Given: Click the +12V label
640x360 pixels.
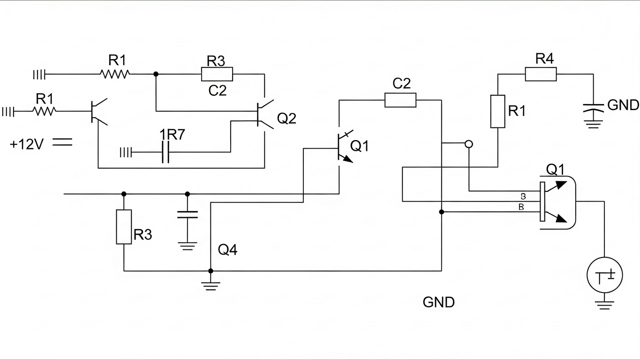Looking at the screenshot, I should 26,144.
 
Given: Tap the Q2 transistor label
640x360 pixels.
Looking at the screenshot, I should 286,119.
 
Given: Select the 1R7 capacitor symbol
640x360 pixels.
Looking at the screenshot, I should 165,152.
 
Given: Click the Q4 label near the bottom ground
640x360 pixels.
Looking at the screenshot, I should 228,250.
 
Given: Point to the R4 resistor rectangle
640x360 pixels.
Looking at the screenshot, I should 541,74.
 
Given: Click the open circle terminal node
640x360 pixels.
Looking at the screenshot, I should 468,144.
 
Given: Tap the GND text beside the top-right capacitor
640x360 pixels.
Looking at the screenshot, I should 623,105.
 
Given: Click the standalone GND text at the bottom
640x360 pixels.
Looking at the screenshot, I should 438,302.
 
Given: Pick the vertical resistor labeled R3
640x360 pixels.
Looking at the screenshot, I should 124,227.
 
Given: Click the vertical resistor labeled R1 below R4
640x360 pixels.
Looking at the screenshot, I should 497,111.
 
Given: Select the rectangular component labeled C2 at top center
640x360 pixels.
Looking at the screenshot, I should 400,100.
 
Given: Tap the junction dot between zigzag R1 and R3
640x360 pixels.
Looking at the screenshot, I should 156,74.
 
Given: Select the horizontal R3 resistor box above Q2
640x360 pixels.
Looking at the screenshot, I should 217,74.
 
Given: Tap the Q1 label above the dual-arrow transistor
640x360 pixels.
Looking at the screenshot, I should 556,170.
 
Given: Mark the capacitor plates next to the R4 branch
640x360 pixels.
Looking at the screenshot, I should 593,106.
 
